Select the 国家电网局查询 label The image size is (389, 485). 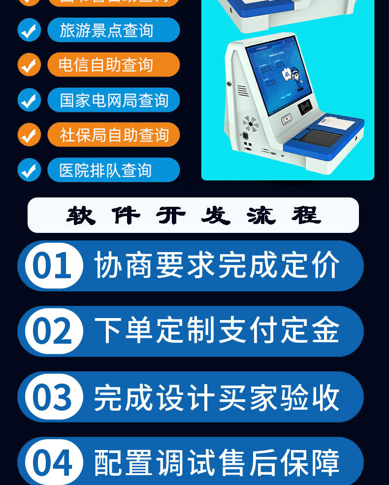[114, 100]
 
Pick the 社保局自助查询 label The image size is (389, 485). [114, 135]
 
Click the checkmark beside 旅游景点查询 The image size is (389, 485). [29, 31]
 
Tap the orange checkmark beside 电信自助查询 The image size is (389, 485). [29, 65]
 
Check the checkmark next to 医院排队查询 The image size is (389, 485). [29, 170]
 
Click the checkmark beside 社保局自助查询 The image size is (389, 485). [29, 135]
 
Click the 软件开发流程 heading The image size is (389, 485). [194, 215]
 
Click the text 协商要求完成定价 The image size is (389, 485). [217, 266]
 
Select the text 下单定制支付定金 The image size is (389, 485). [217, 331]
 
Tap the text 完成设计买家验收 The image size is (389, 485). [217, 397]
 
